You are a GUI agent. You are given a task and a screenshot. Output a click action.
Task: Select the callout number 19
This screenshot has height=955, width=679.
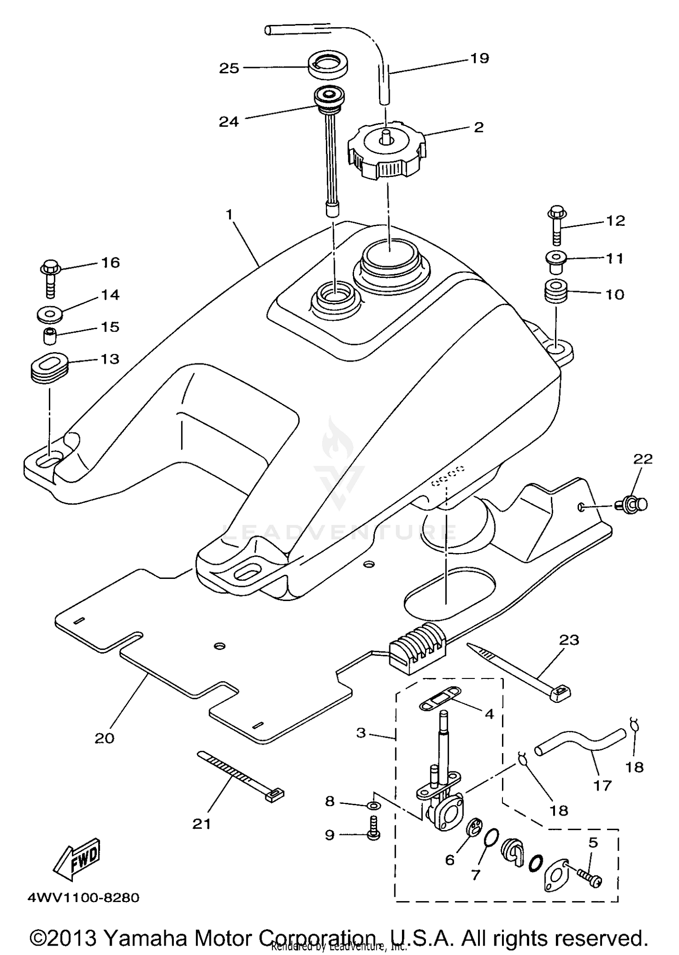pos(479,58)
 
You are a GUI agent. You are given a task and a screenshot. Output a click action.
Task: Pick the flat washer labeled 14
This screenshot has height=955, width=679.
pos(49,313)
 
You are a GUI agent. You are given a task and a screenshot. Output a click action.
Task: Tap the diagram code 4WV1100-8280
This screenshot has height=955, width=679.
pos(83,897)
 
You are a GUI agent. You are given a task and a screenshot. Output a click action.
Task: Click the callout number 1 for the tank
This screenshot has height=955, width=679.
pos(229,214)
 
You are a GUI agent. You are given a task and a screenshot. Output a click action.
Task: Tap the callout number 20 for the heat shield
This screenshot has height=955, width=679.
pos(104,738)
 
